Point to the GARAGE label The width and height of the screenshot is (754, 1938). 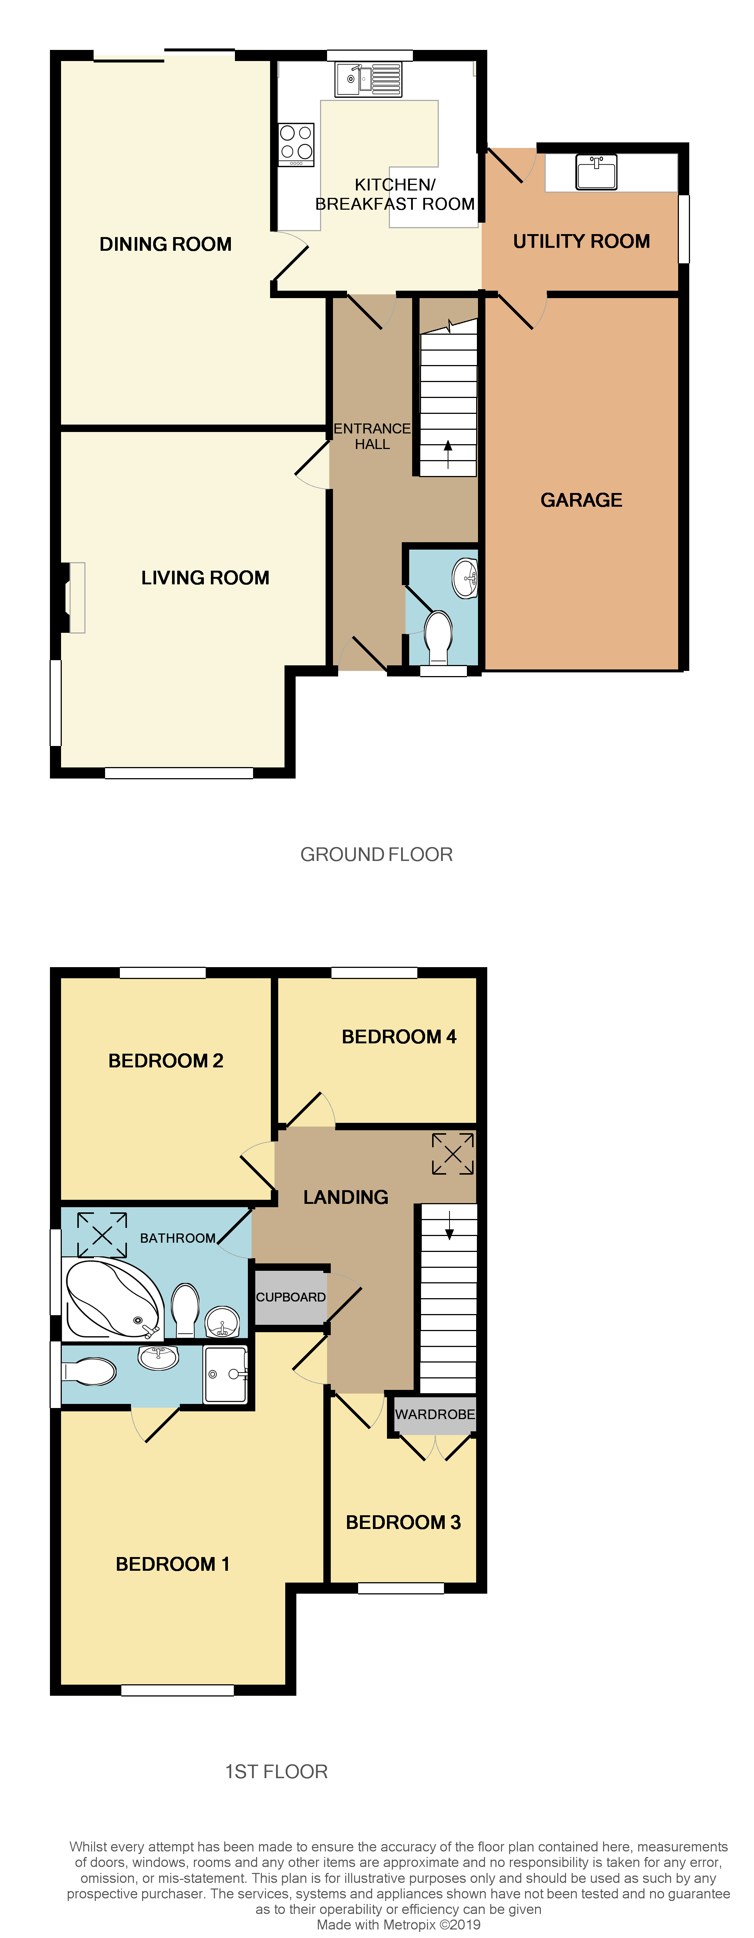tap(581, 500)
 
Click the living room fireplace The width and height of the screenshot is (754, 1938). tap(73, 597)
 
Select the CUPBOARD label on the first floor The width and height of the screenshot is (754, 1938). tap(290, 1297)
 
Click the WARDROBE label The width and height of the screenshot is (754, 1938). tap(435, 1414)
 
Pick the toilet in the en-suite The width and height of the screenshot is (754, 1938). tap(89, 1371)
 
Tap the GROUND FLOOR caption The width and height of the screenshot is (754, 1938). tap(376, 855)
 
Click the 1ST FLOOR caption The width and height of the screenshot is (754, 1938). tap(276, 1772)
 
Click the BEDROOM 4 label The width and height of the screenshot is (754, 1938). tap(399, 1037)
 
